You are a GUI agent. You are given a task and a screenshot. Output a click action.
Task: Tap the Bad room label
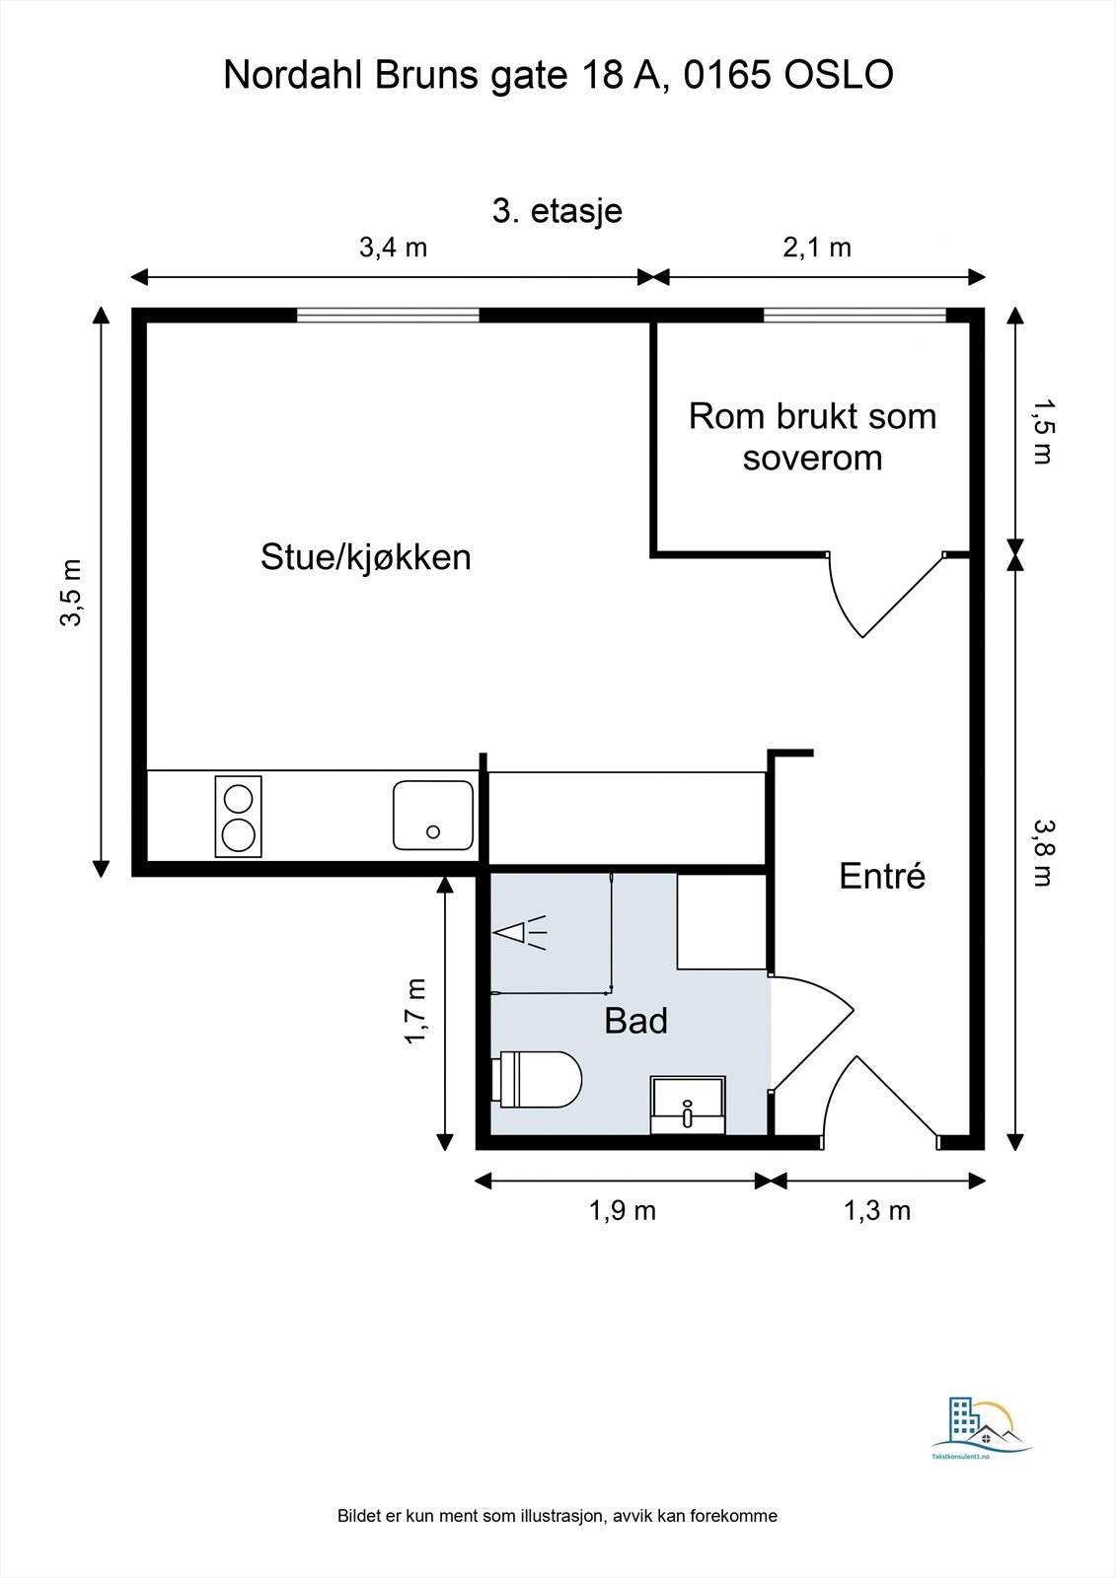pos(635,1021)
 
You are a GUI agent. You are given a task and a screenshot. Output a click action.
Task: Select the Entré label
pos(882,876)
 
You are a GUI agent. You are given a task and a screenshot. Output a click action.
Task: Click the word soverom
pos(813,458)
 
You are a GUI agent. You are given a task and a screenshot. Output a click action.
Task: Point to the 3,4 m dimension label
pos(394,248)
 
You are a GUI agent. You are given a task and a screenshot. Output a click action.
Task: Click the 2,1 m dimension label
pos(817,248)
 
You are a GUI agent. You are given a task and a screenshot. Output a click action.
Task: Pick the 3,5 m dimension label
pos(72,593)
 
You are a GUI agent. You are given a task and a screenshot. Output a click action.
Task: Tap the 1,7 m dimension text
pos(415,1012)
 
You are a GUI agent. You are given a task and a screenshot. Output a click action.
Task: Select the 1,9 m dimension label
pos(623,1211)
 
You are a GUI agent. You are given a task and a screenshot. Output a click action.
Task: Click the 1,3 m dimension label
pos(877,1211)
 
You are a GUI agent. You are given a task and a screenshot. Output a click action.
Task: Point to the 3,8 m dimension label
pos(1043,853)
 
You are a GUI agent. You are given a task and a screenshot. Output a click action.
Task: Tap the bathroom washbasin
pos(688,1105)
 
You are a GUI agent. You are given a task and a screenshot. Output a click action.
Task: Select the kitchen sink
pos(433,815)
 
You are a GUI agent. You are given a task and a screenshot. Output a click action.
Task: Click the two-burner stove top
pos(238,818)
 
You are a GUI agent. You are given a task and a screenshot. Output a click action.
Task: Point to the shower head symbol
pos(520,933)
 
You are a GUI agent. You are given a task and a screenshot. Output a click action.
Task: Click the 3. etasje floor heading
pos(557,211)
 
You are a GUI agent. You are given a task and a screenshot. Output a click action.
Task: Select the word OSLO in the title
pos(839,75)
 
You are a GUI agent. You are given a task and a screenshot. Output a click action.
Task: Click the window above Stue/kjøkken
pos(388,315)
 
